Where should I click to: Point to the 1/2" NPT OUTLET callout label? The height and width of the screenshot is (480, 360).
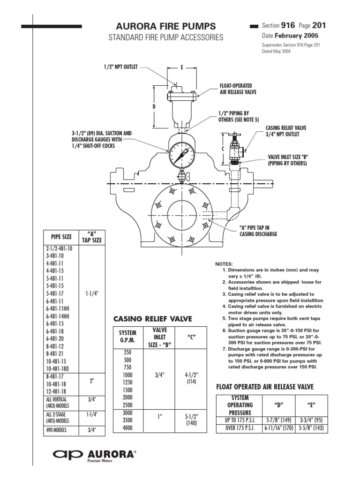click(120, 67)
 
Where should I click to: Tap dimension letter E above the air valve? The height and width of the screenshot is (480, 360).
click(181, 67)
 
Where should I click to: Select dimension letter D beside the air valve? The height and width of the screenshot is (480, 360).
click(154, 106)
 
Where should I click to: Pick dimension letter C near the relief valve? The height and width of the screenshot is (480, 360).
click(224, 148)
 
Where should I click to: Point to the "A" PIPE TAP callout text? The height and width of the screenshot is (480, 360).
click(258, 230)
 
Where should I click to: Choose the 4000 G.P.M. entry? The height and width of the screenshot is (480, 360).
click(127, 427)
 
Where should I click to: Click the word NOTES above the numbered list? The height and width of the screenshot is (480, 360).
click(224, 264)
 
